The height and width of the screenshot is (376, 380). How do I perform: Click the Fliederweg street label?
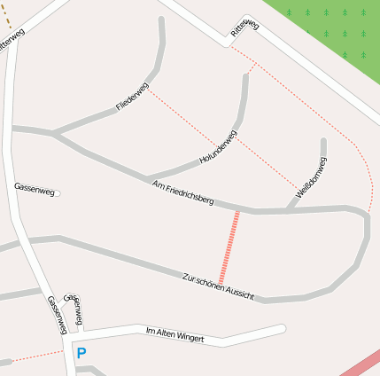(131, 96)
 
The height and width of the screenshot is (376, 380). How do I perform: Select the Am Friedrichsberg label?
(182, 192)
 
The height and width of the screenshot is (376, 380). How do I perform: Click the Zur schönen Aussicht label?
(218, 284)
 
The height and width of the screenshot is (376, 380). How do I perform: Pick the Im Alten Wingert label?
(174, 335)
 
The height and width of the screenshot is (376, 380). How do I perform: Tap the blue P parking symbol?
(81, 353)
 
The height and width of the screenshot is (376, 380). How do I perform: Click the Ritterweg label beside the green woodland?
(244, 28)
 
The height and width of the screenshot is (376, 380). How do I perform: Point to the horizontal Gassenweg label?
(35, 188)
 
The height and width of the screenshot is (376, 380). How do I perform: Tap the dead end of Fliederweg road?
(162, 19)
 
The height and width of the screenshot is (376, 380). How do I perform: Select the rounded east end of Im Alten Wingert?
(281, 329)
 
